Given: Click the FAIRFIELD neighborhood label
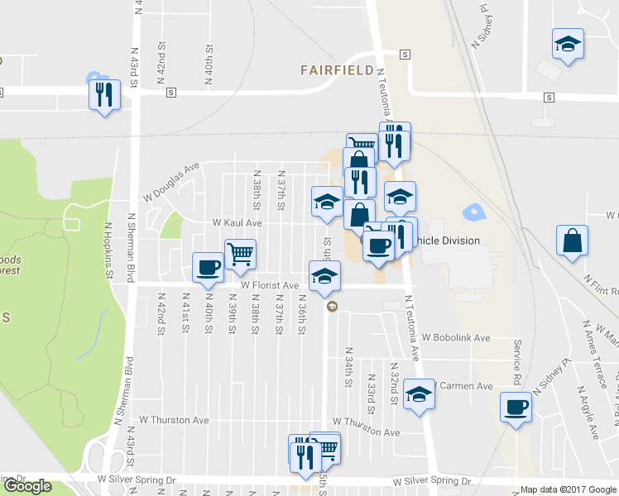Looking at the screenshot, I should click(x=337, y=71).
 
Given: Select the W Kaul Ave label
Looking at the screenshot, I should click(x=237, y=223).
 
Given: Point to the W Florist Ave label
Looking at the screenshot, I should click(x=270, y=286).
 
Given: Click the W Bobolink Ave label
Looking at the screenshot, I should click(x=456, y=338).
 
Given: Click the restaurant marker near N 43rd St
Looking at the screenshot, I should click(x=104, y=94).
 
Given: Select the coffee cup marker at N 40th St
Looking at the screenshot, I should click(x=207, y=266).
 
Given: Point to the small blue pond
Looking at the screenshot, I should click(x=473, y=212).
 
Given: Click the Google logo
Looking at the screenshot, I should click(x=27, y=487).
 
